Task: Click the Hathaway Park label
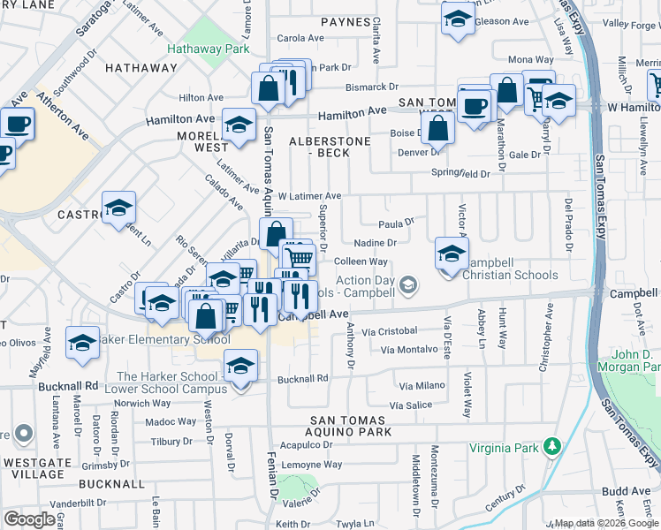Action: (209, 50)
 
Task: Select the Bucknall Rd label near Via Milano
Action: (303, 378)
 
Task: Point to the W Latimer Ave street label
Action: (309, 196)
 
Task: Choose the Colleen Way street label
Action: (361, 262)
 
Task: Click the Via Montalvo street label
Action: (409, 350)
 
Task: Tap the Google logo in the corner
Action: (29, 519)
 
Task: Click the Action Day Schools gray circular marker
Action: (407, 284)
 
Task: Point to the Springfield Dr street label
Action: (460, 174)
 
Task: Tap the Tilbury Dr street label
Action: (173, 441)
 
